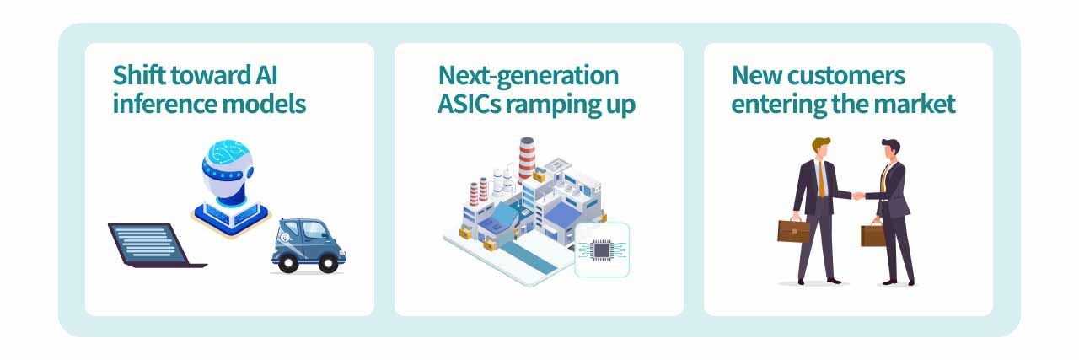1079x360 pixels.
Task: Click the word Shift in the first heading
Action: click(x=138, y=76)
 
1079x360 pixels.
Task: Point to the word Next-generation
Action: click(x=528, y=76)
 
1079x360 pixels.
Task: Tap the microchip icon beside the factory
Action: click(x=602, y=250)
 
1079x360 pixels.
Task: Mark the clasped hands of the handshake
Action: click(x=858, y=196)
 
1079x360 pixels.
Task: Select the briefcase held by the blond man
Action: click(x=793, y=230)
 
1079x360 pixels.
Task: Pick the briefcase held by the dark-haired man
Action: click(x=873, y=234)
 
